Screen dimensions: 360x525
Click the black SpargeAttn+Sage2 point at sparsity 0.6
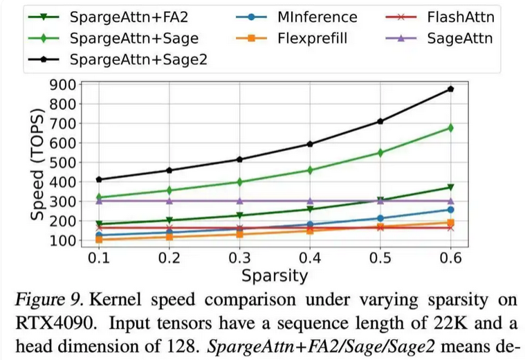450,89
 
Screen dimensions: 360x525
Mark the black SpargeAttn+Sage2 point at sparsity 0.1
100,180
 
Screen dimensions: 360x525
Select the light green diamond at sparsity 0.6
450,128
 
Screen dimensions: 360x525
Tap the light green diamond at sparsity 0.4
310,170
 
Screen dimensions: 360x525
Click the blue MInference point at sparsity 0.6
450,210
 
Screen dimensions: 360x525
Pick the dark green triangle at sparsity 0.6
450,188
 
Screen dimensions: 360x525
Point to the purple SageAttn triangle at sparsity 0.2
169,201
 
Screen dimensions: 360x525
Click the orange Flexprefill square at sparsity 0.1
100,240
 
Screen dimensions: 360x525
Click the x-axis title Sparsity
275,276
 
